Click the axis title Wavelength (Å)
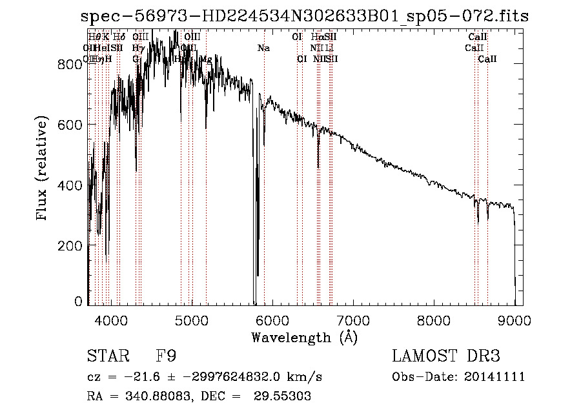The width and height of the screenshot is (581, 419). coord(304,337)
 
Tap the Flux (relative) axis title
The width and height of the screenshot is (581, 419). coord(43,169)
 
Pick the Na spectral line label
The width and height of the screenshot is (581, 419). coord(263,48)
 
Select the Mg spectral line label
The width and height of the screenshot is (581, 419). coord(205,59)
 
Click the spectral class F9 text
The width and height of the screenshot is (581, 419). coord(167,356)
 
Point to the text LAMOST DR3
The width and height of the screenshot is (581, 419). coord(445,356)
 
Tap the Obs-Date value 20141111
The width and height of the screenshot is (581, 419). coord(496,377)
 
